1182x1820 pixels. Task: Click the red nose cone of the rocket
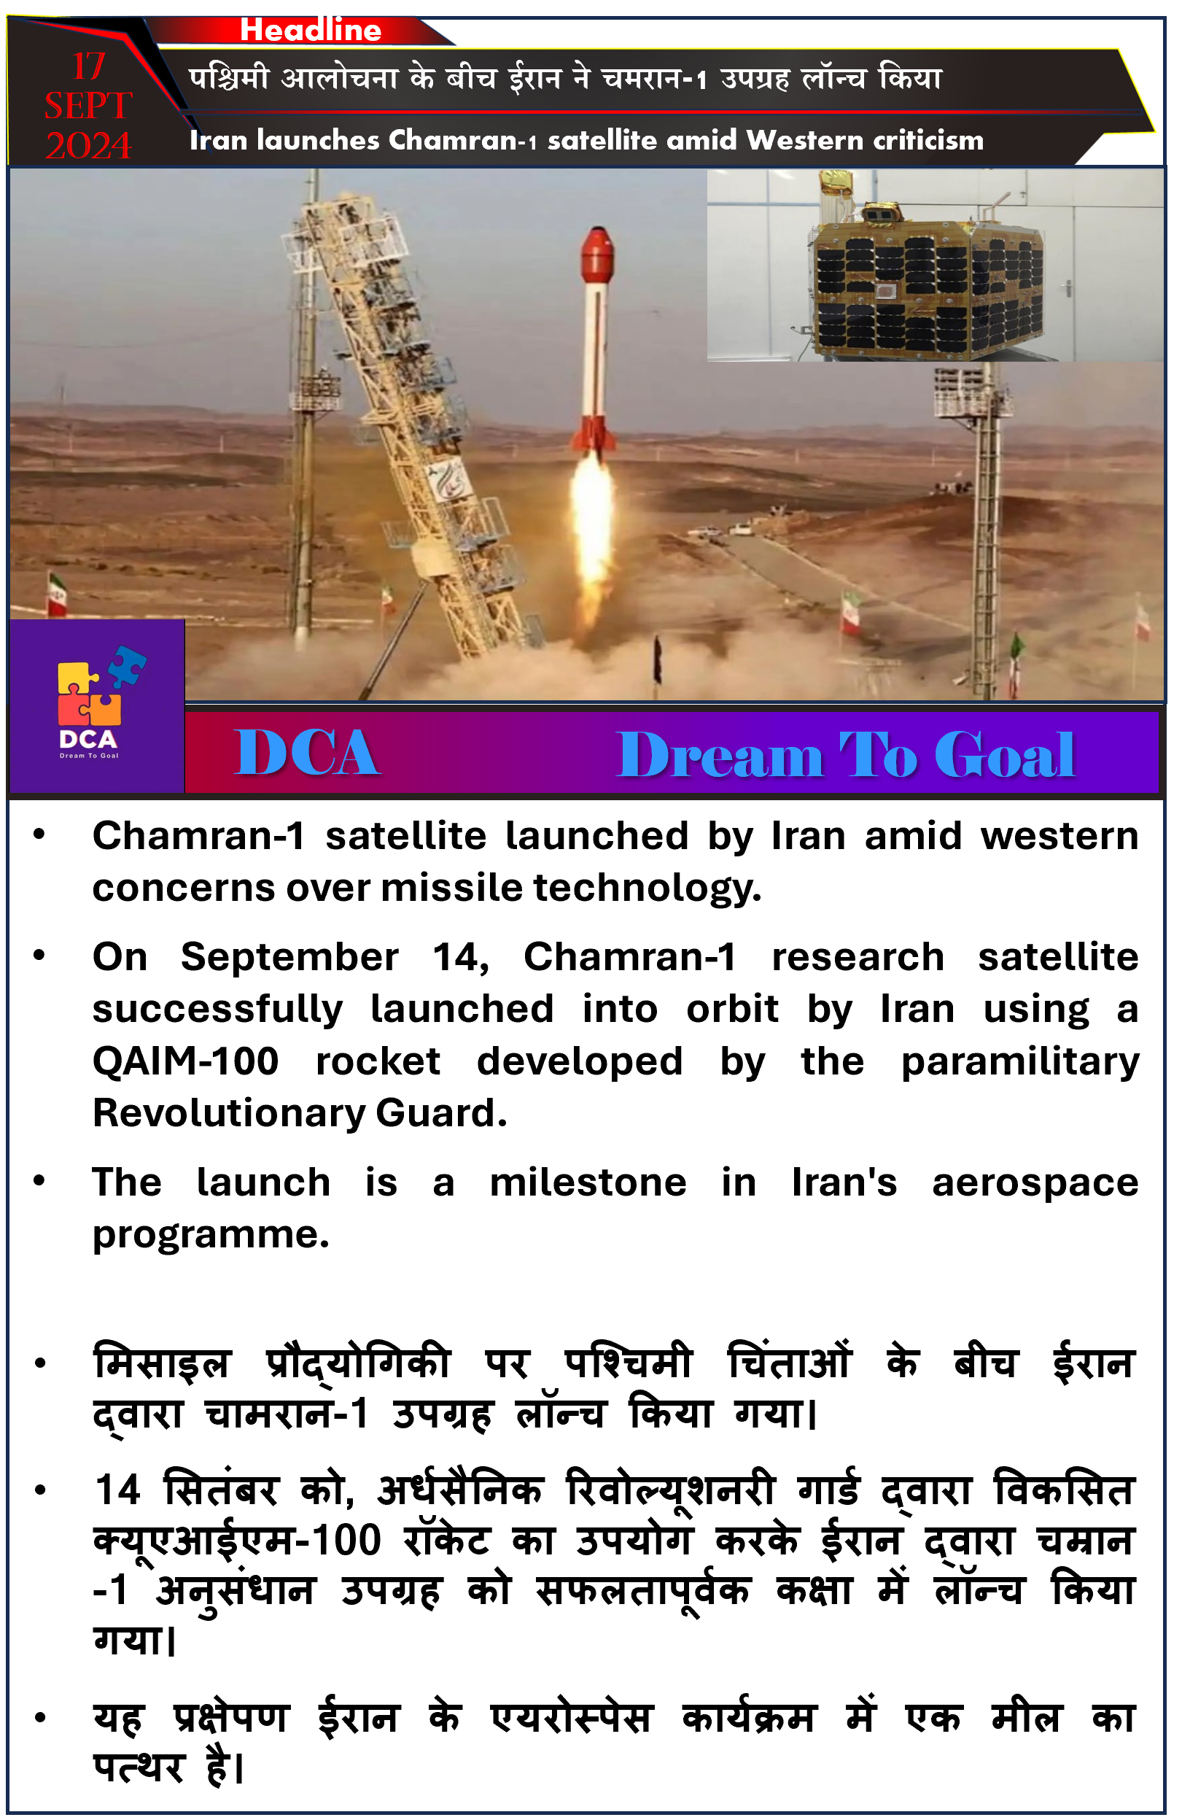pyautogui.click(x=597, y=254)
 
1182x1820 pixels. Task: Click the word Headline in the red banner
pyautogui.click(x=311, y=30)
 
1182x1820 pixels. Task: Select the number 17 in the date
pyautogui.click(x=89, y=66)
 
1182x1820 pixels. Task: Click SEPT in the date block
pyautogui.click(x=89, y=106)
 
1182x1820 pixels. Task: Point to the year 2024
pyautogui.click(x=89, y=145)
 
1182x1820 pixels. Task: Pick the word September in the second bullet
pyautogui.click(x=289, y=957)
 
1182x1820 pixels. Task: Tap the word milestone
pyautogui.click(x=588, y=1183)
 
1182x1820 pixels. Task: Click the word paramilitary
pyautogui.click(x=1020, y=1062)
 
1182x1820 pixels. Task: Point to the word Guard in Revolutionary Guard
pyautogui.click(x=441, y=1112)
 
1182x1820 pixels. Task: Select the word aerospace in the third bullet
pyautogui.click(x=1035, y=1184)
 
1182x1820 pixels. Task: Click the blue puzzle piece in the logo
pyautogui.click(x=127, y=663)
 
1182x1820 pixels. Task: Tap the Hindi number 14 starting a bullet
pyautogui.click(x=117, y=1490)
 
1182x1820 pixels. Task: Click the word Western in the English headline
pyautogui.click(x=804, y=140)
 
